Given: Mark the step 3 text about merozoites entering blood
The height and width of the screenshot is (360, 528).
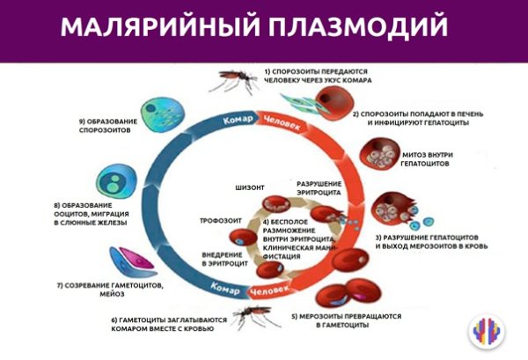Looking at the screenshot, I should click(x=433, y=242).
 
